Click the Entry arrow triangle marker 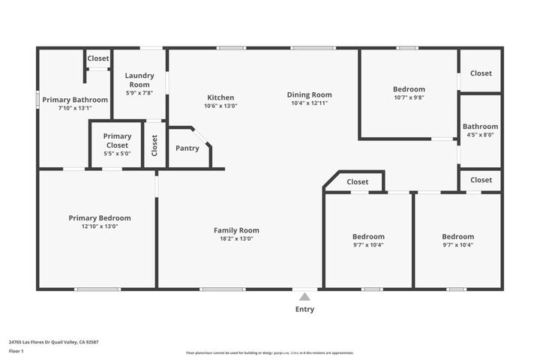coord(304,296)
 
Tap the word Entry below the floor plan coord(304,309)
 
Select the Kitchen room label coord(220,97)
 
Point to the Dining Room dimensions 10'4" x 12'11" coord(309,103)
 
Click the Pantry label coord(187,148)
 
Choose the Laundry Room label coord(139,79)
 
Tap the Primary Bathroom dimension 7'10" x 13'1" coord(75,108)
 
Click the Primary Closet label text coord(117,140)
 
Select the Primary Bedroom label coord(99,217)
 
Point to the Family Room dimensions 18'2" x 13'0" coord(236,238)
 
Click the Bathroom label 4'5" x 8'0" coord(480,131)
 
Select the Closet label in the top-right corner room coord(481,73)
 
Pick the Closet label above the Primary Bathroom coord(97,58)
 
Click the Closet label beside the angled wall coord(358,181)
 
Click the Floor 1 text coord(16,350)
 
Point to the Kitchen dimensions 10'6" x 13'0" coord(220,106)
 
